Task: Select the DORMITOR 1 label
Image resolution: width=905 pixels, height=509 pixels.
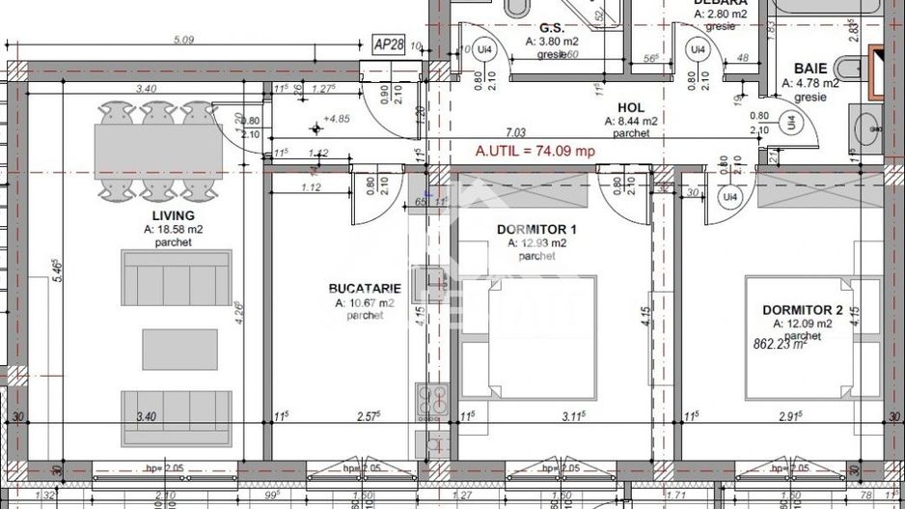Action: click(535, 230)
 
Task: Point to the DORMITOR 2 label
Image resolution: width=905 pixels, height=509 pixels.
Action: click(803, 310)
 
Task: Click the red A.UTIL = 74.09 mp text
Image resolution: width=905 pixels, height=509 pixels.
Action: click(535, 151)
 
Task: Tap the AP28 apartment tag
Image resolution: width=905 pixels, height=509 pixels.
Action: click(390, 45)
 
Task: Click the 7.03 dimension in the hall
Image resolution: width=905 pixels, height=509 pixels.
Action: click(516, 132)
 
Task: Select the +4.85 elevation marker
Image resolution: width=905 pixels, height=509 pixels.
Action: click(337, 118)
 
